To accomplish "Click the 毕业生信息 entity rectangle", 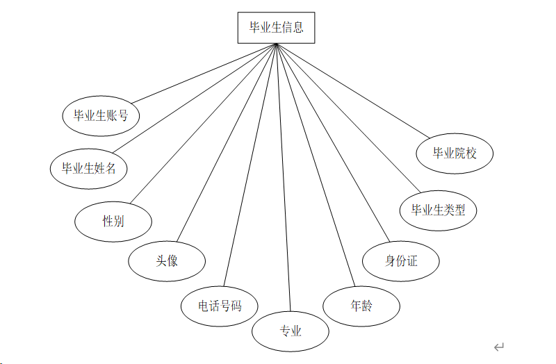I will point(276,28).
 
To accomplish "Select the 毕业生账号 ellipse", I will point(101,115).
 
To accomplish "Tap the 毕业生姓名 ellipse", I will point(89,167).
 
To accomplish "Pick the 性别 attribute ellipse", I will point(113,221).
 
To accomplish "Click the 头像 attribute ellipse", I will point(167,260).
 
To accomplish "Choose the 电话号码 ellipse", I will point(220,305).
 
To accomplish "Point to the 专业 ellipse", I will point(290,331).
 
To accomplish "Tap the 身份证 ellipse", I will point(401,261).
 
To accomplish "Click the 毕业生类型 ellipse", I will point(438,210).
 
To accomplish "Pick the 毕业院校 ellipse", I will point(455,153).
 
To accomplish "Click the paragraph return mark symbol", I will point(498,347).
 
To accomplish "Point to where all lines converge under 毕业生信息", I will point(276,44).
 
